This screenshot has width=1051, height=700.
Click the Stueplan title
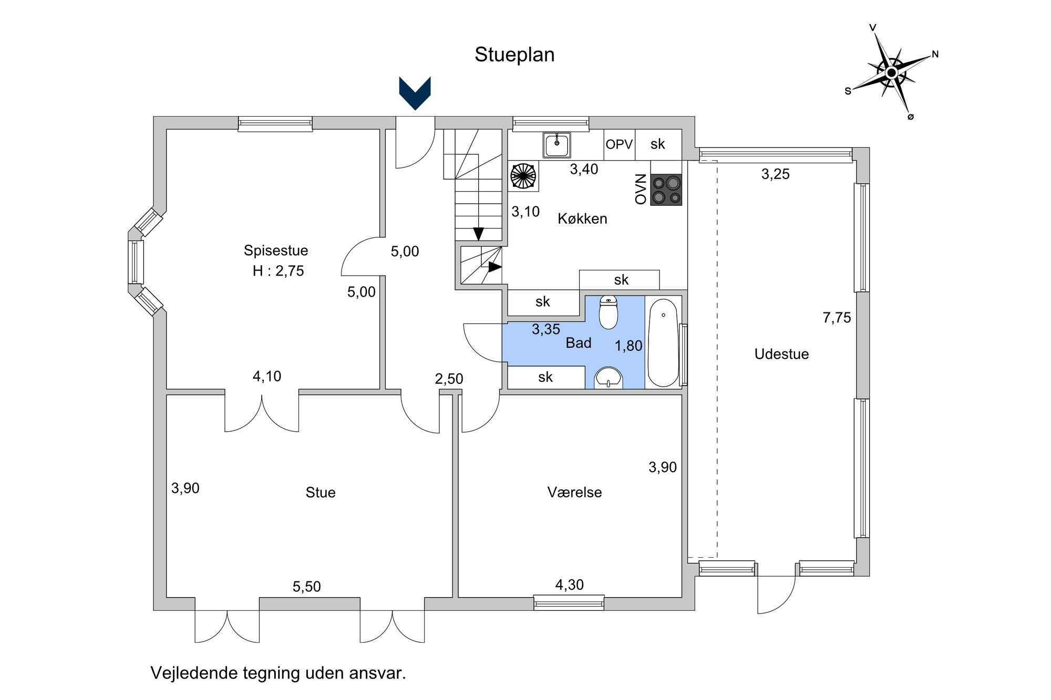point(514,55)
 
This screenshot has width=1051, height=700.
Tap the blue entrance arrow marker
point(415,93)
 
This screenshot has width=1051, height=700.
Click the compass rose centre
point(891,72)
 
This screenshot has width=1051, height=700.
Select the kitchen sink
point(557,145)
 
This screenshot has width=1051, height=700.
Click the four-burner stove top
point(666,190)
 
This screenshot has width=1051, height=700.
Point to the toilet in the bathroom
point(609,312)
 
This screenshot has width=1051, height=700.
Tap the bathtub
point(663,343)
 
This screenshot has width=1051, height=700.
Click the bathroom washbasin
point(609,378)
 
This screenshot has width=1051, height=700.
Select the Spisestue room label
point(276,250)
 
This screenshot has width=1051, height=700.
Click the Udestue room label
point(781,354)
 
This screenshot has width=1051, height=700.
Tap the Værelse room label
point(574,492)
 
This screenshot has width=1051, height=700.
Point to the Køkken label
point(582,218)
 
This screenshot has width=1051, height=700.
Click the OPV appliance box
point(619,144)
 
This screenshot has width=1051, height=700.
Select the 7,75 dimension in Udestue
point(837,318)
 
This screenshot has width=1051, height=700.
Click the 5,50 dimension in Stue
point(306,587)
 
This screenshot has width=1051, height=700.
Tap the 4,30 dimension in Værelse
point(570,584)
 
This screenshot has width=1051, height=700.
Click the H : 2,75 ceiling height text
point(278,271)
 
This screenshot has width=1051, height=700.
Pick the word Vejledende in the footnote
point(194,673)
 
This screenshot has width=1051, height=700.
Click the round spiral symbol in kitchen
point(523,175)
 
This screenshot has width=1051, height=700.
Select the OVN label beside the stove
point(641,189)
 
